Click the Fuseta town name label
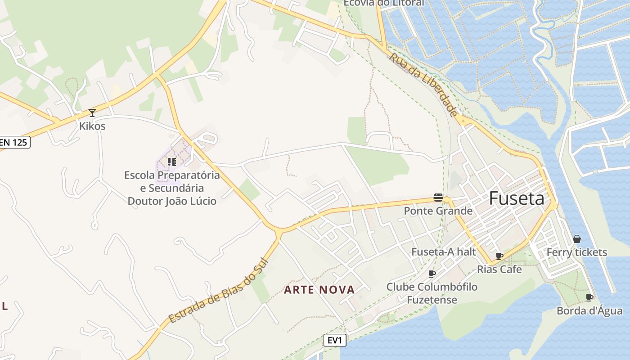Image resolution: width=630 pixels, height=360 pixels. click(517, 198)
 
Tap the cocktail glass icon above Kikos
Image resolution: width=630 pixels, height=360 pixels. click(92, 112)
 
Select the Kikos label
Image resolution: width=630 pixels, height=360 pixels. click(92, 126)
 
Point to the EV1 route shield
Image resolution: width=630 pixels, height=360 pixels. click(335, 340)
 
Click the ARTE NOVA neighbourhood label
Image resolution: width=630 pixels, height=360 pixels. click(319, 290)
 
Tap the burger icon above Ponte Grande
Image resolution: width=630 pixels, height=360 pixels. click(438, 197)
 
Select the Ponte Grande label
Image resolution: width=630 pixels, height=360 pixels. click(438, 211)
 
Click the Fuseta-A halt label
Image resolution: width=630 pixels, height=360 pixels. click(443, 252)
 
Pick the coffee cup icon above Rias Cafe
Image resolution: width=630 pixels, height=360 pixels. click(499, 256)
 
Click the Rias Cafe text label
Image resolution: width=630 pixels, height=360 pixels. click(499, 269)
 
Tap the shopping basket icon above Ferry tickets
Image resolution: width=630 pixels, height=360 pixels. click(577, 239)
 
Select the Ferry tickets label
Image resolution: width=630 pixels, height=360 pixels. click(576, 252)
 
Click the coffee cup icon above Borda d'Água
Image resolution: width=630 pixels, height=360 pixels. click(589, 297)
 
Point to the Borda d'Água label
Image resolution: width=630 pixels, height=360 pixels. click(589, 310)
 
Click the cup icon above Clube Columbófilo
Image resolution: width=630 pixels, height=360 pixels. click(432, 273)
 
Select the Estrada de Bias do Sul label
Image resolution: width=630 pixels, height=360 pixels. click(219, 291)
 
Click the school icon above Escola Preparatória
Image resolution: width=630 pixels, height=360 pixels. click(171, 162)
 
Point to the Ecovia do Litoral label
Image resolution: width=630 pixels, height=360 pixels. click(384, 3)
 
